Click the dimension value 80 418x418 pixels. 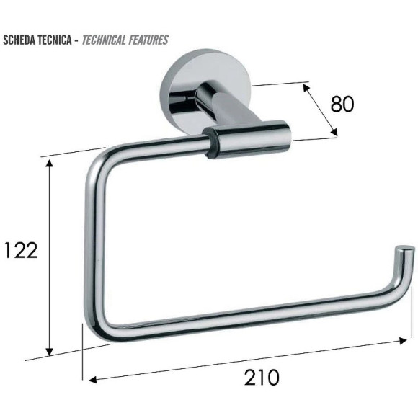(342, 104)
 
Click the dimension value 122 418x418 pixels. (21, 250)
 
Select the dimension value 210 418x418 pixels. (262, 377)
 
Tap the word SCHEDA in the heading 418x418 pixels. (19, 40)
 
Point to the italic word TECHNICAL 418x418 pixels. (104, 40)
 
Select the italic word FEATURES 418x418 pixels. (148, 40)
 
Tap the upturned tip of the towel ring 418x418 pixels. (406, 251)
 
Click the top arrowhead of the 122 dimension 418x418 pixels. (49, 163)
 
